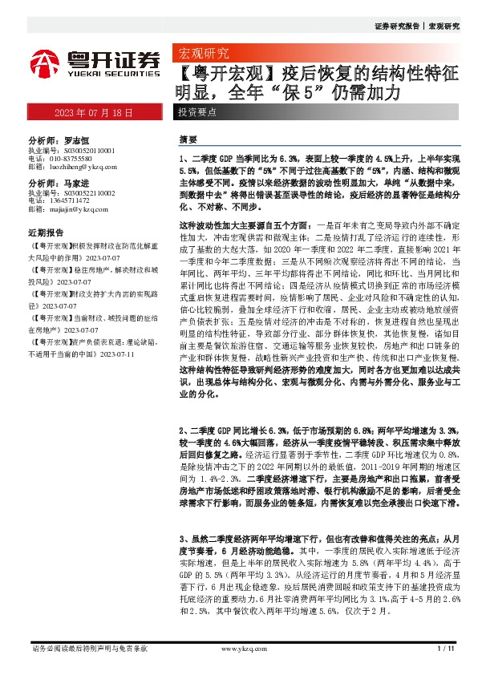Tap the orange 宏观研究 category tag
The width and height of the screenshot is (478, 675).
[x=201, y=55]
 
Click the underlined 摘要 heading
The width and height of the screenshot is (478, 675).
[x=188, y=139]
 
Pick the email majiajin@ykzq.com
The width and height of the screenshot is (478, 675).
[x=79, y=208]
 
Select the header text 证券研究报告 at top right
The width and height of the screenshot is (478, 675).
[x=399, y=26]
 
